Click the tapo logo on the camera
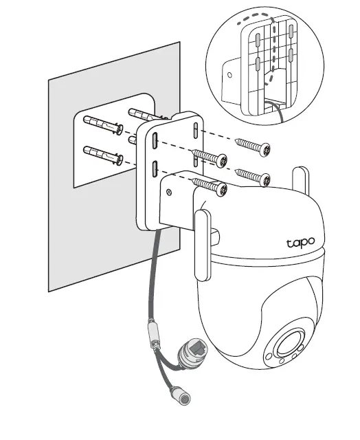point(300,242)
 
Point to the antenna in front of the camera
point(202,244)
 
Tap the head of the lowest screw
point(221,188)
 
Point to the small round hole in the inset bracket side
point(230,71)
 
